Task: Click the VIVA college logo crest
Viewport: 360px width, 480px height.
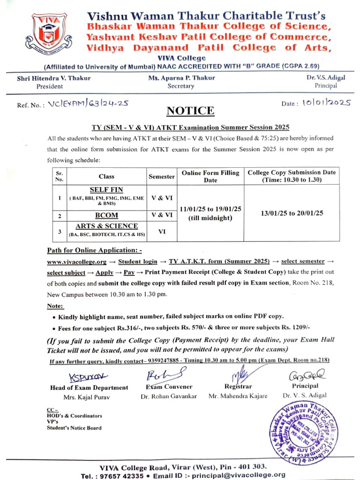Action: point(49,33)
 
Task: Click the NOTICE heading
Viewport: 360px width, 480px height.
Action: point(191,111)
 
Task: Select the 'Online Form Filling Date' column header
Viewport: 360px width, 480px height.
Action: point(210,177)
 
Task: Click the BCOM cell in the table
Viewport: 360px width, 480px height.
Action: point(107,216)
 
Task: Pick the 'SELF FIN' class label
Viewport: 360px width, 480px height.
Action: point(106,191)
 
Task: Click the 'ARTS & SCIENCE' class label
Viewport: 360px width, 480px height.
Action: point(107,226)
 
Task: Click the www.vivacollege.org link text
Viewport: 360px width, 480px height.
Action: point(76,260)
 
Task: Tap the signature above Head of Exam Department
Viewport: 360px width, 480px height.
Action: point(87,377)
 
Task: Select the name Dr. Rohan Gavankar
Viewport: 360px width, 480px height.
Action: point(169,396)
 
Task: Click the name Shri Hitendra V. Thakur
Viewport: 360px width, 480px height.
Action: point(54,78)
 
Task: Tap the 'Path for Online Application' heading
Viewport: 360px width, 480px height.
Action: point(94,250)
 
